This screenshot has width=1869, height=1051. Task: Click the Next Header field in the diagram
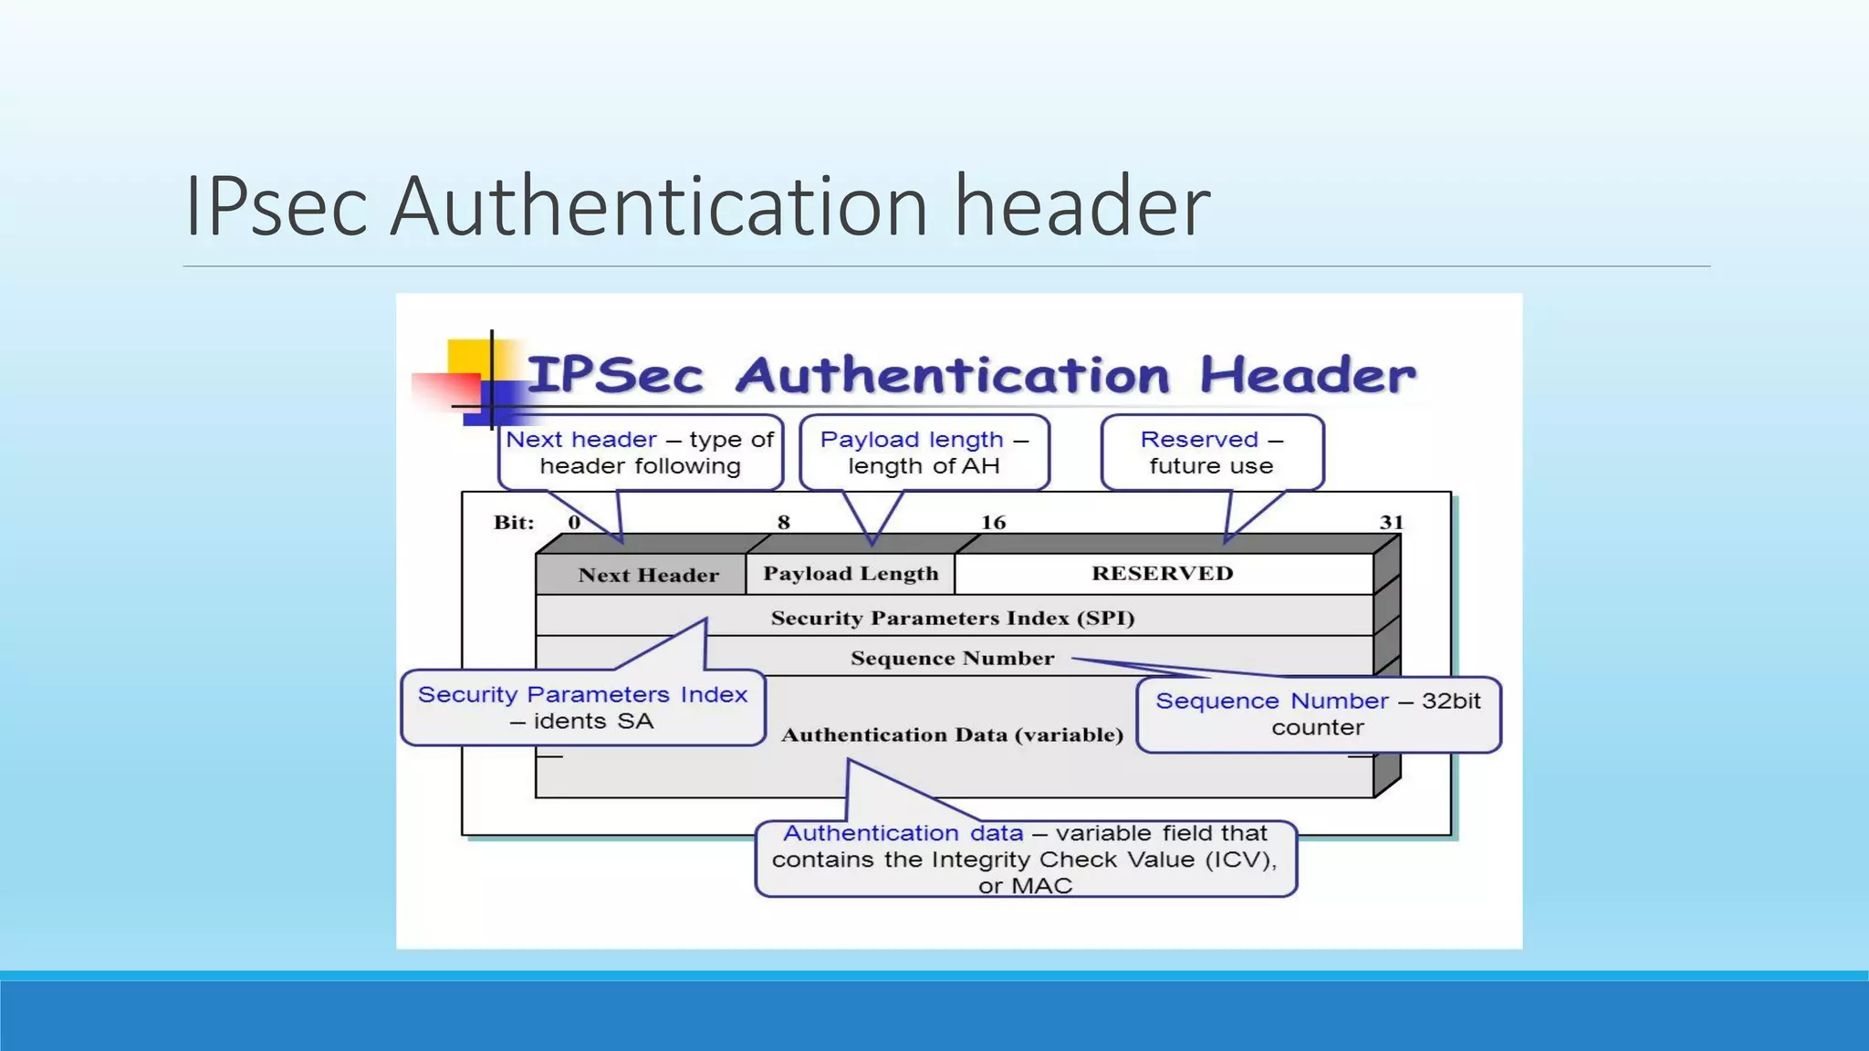point(648,575)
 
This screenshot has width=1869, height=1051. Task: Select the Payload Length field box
point(851,574)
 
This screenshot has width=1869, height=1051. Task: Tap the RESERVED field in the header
point(1162,573)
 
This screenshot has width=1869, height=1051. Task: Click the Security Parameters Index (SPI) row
point(953,618)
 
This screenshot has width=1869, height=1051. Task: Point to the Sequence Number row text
point(952,658)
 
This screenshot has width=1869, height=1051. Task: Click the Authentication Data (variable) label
point(952,734)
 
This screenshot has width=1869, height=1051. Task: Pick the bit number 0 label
point(574,522)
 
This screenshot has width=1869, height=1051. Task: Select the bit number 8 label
point(783,522)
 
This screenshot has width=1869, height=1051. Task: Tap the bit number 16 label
point(993,522)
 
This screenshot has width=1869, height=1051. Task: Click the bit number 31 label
point(1391,522)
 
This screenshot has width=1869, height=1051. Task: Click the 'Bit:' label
point(514,522)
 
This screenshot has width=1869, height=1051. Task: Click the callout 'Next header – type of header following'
point(640,453)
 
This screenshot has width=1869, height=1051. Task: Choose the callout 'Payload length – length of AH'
point(924,453)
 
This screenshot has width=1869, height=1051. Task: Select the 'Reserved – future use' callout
point(1211,453)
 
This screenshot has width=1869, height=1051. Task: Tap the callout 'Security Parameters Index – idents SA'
point(582,708)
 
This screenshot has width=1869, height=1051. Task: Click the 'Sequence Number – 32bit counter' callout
point(1318,713)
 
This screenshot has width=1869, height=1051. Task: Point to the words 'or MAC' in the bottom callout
point(1025,886)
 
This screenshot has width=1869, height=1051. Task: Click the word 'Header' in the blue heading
point(1307,374)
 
